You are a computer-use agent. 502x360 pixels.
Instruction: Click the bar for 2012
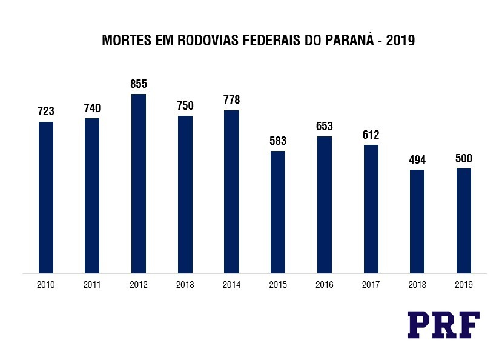point(139,184)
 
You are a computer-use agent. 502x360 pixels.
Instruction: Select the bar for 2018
point(417,221)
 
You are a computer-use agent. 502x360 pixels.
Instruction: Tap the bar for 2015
point(278,212)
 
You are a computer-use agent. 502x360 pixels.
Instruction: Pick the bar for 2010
point(46,198)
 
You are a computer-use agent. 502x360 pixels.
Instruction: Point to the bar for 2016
point(325,205)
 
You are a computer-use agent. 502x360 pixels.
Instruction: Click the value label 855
point(139,84)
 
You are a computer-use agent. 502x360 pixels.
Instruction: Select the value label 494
point(417,160)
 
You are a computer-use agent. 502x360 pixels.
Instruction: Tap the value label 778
point(231,101)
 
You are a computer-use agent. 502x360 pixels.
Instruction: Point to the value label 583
point(278,141)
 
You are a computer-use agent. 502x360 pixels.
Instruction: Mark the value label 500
point(464,159)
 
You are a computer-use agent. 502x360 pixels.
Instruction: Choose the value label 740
point(92,108)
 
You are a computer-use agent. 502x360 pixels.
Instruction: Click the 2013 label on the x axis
point(185,285)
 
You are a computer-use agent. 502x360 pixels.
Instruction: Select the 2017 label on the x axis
point(371,285)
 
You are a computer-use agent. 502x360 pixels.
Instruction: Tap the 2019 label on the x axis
point(464,285)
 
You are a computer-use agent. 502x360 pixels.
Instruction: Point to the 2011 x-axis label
point(92,285)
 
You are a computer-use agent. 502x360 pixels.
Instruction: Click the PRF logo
point(443,324)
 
